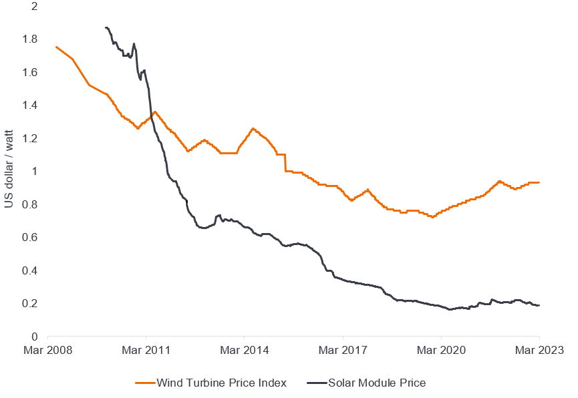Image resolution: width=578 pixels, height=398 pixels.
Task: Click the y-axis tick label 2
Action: (34, 7)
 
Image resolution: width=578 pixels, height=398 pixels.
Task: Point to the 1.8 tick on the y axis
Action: (30, 39)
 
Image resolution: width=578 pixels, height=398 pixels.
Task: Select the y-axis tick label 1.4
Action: (30, 106)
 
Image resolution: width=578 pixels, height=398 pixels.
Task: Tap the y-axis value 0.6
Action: (30, 237)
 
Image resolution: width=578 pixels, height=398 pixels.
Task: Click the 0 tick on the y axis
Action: (34, 337)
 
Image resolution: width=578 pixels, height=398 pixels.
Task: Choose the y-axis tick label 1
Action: (34, 172)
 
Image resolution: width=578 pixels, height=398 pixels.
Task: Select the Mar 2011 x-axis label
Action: (145, 350)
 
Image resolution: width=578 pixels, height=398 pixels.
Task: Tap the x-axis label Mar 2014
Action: (244, 350)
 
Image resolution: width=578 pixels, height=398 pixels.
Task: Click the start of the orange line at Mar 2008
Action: (56, 47)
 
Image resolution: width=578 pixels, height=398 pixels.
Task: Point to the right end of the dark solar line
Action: (539, 306)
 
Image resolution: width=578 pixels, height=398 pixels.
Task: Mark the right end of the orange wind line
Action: (539, 182)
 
